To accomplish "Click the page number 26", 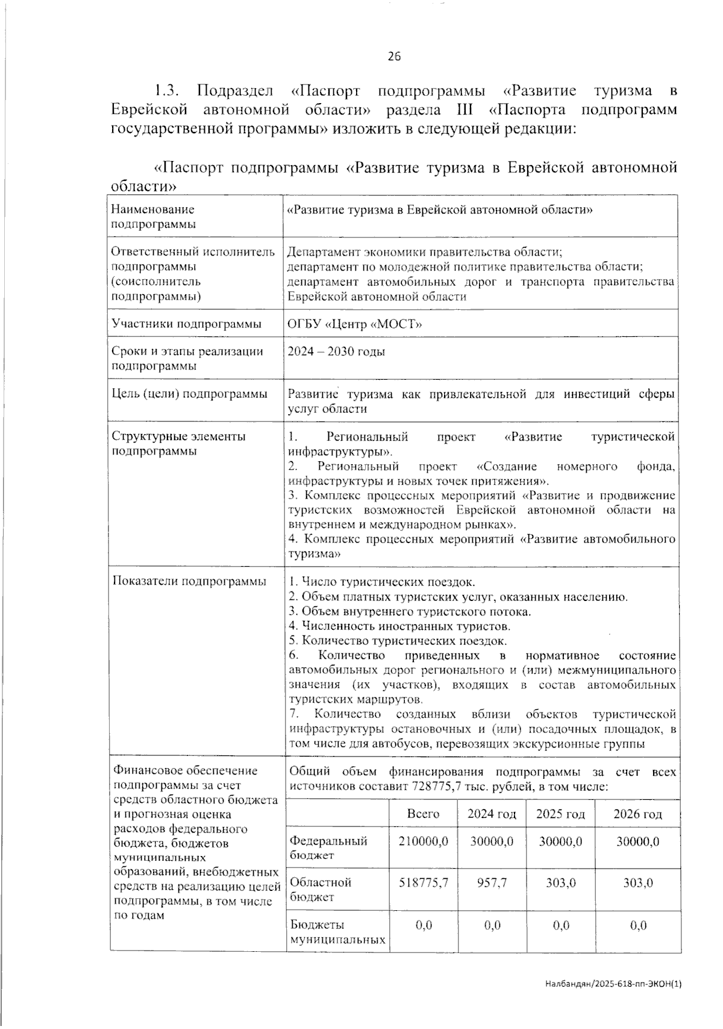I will click(394, 57).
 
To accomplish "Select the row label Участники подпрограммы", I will click(186, 324).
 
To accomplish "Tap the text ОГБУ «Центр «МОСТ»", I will click(354, 324).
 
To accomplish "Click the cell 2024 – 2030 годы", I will click(336, 352).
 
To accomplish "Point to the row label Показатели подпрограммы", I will click(189, 581).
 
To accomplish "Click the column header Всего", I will click(423, 814).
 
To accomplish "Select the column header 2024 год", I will click(492, 814).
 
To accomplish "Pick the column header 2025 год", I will click(560, 814).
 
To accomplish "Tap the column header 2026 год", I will click(637, 814).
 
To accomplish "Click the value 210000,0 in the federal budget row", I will click(423, 842).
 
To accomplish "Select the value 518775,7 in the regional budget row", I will click(423, 883).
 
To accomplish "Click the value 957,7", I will click(492, 883).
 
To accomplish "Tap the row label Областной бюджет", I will click(321, 890).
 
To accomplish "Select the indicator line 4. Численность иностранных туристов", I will click(399, 626).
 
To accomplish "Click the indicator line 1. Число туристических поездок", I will click(382, 582).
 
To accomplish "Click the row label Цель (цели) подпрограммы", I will click(189, 394).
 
